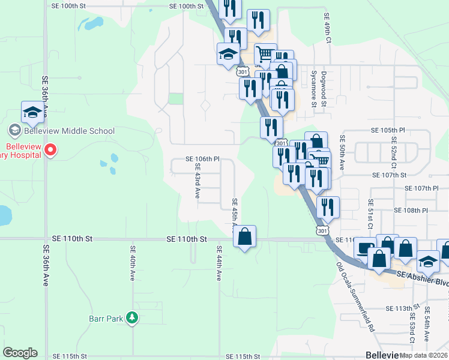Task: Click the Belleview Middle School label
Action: coord(68,131)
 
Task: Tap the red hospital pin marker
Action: coord(50,150)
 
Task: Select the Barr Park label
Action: coord(107,318)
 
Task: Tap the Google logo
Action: coord(20,353)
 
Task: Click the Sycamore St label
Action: coord(313,88)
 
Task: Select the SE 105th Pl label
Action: coord(388,130)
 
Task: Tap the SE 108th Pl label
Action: coord(411,211)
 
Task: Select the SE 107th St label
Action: coord(390,175)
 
